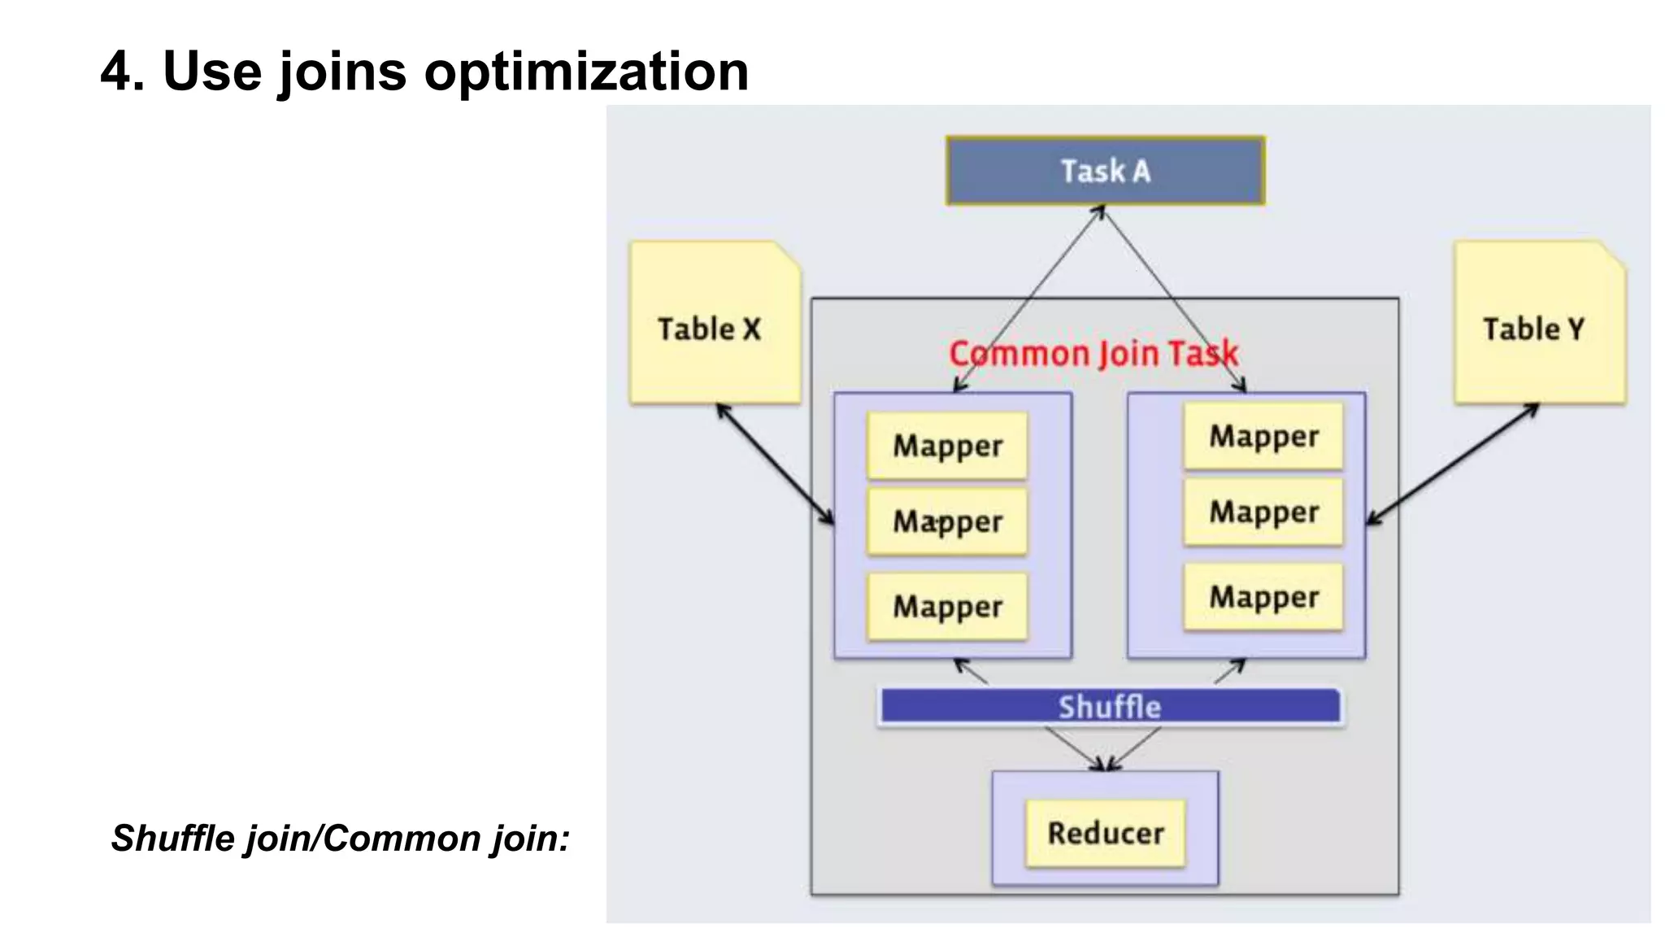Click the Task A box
coord(1105,171)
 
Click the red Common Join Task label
coord(1093,354)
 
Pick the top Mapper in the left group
coord(947,446)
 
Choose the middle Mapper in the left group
coord(947,521)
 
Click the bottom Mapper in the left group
coord(947,607)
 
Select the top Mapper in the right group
coord(1263,437)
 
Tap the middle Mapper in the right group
coord(1263,512)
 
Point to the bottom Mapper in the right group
coord(1263,597)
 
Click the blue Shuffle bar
coord(1110,706)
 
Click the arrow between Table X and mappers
coord(775,464)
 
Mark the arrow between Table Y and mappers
coord(1453,464)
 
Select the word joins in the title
coord(341,72)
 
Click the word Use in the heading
coord(212,72)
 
